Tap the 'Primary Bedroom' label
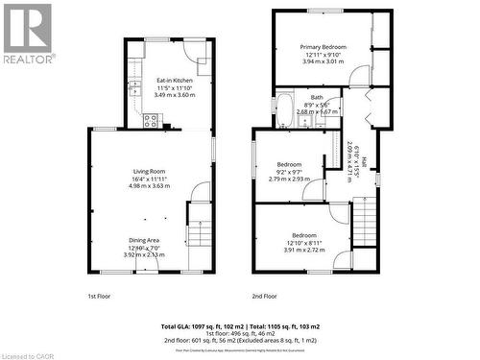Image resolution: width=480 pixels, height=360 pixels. (x=323, y=47)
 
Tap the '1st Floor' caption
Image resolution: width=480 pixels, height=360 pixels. (x=100, y=297)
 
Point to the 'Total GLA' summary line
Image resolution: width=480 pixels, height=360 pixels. (x=239, y=327)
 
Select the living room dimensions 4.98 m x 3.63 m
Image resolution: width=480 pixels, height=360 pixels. (x=149, y=185)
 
